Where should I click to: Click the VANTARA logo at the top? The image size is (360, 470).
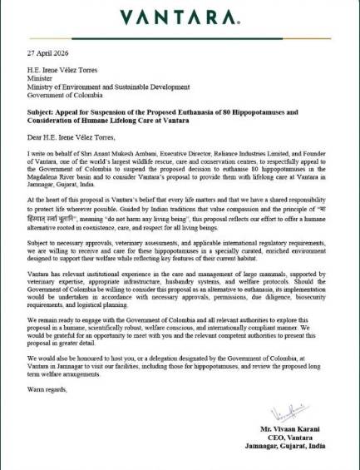180,17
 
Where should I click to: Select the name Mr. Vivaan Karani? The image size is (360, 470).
308,429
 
